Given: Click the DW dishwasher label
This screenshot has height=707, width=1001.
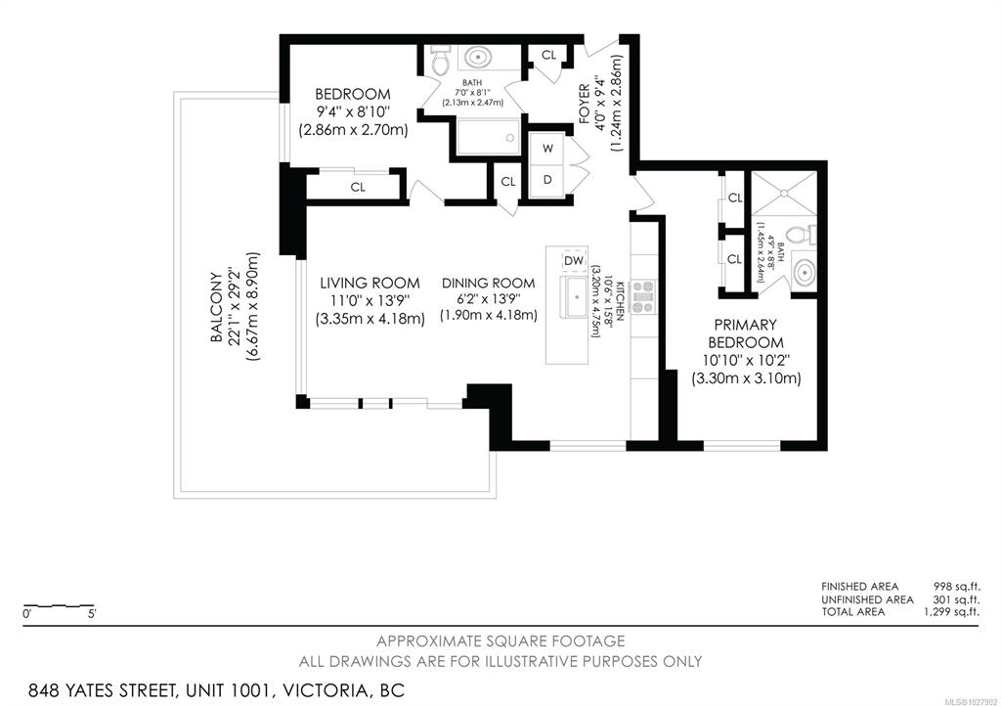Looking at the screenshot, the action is point(573,260).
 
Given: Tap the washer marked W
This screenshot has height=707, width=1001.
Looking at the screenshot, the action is point(547,149).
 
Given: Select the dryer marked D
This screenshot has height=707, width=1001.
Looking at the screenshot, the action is point(547,180).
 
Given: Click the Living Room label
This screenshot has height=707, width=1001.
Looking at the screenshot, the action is point(370,283).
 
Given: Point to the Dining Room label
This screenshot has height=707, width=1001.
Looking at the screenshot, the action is point(489,283).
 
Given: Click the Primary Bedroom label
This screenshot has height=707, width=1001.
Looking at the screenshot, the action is point(746,333).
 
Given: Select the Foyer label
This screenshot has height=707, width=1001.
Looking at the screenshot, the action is point(585,104).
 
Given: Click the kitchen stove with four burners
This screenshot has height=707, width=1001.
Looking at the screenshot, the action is point(643,297).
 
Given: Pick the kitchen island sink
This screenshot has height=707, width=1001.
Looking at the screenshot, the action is point(577,296).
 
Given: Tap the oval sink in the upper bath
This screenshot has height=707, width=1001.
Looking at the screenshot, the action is point(477,58).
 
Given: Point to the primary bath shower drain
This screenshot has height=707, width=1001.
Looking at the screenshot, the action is point(783,193).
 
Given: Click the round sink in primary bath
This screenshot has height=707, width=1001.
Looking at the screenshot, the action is point(805,274).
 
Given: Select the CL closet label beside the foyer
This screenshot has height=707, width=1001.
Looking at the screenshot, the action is point(549,56).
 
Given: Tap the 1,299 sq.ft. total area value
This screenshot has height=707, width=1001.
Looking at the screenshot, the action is point(951,612).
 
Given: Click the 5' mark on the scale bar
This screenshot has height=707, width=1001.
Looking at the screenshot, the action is point(93,614).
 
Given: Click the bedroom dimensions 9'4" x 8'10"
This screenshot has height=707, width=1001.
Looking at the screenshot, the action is point(353,111).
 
